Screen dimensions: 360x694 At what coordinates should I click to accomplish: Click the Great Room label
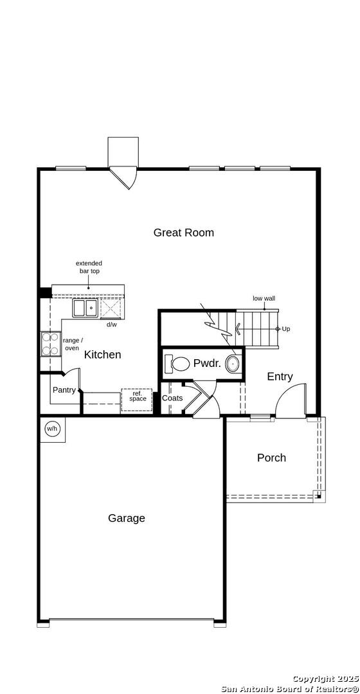[x=183, y=233]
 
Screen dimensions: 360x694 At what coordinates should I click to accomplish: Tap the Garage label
[x=126, y=519]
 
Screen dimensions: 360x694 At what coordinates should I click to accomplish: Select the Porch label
[x=271, y=458]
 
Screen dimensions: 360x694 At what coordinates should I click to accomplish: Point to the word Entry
[x=280, y=377]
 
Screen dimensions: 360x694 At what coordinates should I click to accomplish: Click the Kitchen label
[x=102, y=355]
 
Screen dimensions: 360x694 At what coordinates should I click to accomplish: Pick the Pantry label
[x=64, y=390]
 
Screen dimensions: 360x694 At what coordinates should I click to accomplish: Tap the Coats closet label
[x=172, y=398]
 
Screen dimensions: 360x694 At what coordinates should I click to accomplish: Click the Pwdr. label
[x=207, y=364]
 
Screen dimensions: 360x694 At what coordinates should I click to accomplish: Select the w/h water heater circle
[x=52, y=429]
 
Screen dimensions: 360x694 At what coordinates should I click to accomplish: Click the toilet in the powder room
[x=176, y=364]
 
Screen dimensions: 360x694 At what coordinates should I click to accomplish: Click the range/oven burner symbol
[x=50, y=344]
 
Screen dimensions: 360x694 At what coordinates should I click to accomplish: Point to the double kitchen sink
[x=85, y=308]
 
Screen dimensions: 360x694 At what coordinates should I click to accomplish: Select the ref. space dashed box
[x=137, y=400]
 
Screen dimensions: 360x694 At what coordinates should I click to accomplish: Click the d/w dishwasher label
[x=112, y=325]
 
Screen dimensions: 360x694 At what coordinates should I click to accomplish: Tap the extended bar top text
[x=89, y=267]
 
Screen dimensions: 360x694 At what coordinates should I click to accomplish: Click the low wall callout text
[x=264, y=298]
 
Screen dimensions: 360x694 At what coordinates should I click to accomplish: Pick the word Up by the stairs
[x=286, y=329]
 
